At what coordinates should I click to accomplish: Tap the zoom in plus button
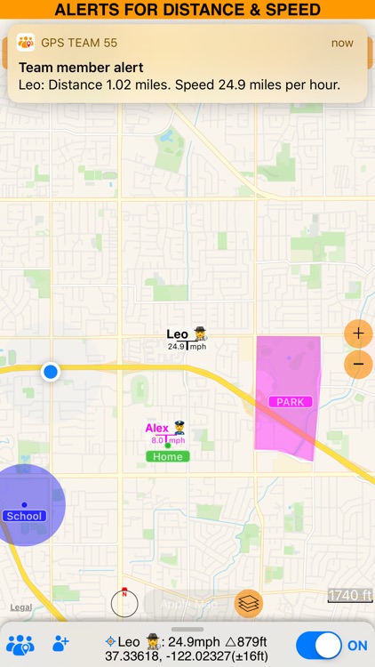[358, 334]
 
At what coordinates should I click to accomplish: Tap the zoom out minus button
[358, 364]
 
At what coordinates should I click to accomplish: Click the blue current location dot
[51, 372]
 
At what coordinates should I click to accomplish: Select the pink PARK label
[290, 402]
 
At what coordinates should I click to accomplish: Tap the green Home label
[167, 456]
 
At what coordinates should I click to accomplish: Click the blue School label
[24, 516]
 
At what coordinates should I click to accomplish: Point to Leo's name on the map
[178, 334]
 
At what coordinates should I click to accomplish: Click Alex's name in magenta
[157, 429]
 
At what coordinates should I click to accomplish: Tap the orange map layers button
[249, 603]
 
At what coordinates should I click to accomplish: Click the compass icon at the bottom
[124, 603]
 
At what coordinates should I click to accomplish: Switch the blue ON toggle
[319, 646]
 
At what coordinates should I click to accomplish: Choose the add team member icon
[60, 643]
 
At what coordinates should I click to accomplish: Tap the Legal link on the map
[22, 607]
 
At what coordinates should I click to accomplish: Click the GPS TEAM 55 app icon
[26, 43]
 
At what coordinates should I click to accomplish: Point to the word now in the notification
[342, 43]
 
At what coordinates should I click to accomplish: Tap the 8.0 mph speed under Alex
[168, 440]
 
